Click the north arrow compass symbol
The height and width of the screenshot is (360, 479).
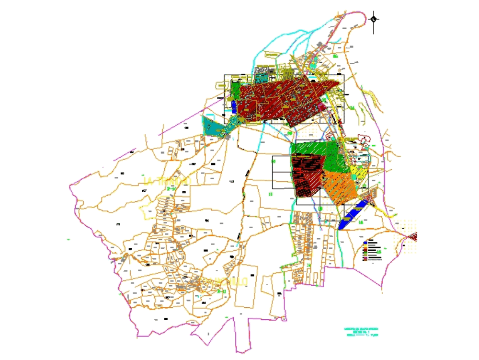pos(374,20)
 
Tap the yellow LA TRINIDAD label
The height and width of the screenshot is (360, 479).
pos(167,181)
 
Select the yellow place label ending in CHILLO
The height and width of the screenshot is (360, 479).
pos(231,281)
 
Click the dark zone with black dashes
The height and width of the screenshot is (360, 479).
pos(307,175)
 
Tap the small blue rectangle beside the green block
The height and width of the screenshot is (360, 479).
pos(233,105)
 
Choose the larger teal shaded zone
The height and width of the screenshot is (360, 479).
pos(213,126)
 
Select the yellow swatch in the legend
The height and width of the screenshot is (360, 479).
pos(365,245)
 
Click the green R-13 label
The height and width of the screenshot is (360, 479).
pos(221,291)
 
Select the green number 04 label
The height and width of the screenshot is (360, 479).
pos(352,108)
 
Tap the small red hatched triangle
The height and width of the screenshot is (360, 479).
pos(412,236)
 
